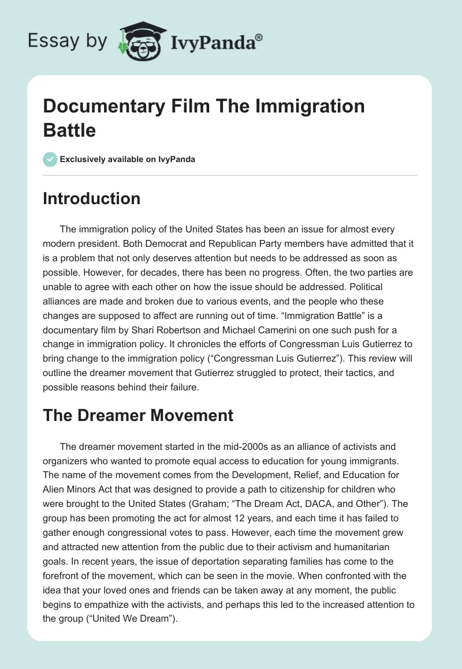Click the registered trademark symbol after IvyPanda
pos(260,37)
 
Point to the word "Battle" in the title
pos(69,130)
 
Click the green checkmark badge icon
pos(50,159)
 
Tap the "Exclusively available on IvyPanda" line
pos(127,159)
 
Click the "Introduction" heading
pos(92,198)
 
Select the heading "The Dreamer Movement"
pos(138,415)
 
